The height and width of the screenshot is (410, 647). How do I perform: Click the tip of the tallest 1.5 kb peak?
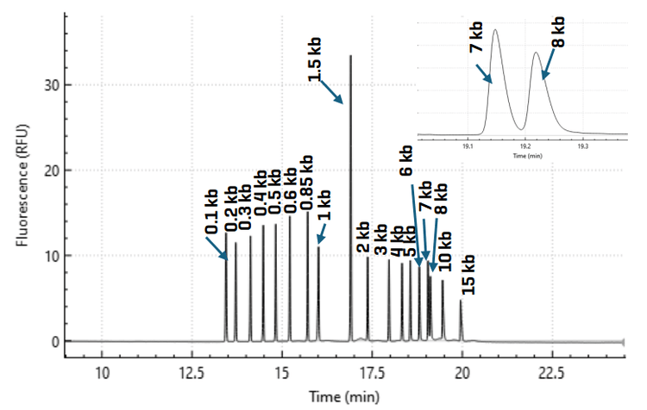350,56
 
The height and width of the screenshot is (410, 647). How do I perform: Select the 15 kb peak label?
468,274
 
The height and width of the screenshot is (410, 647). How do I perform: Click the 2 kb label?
363,238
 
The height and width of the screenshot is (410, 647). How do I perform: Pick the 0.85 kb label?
305,181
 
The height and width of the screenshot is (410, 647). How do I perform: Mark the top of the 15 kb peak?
461,301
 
